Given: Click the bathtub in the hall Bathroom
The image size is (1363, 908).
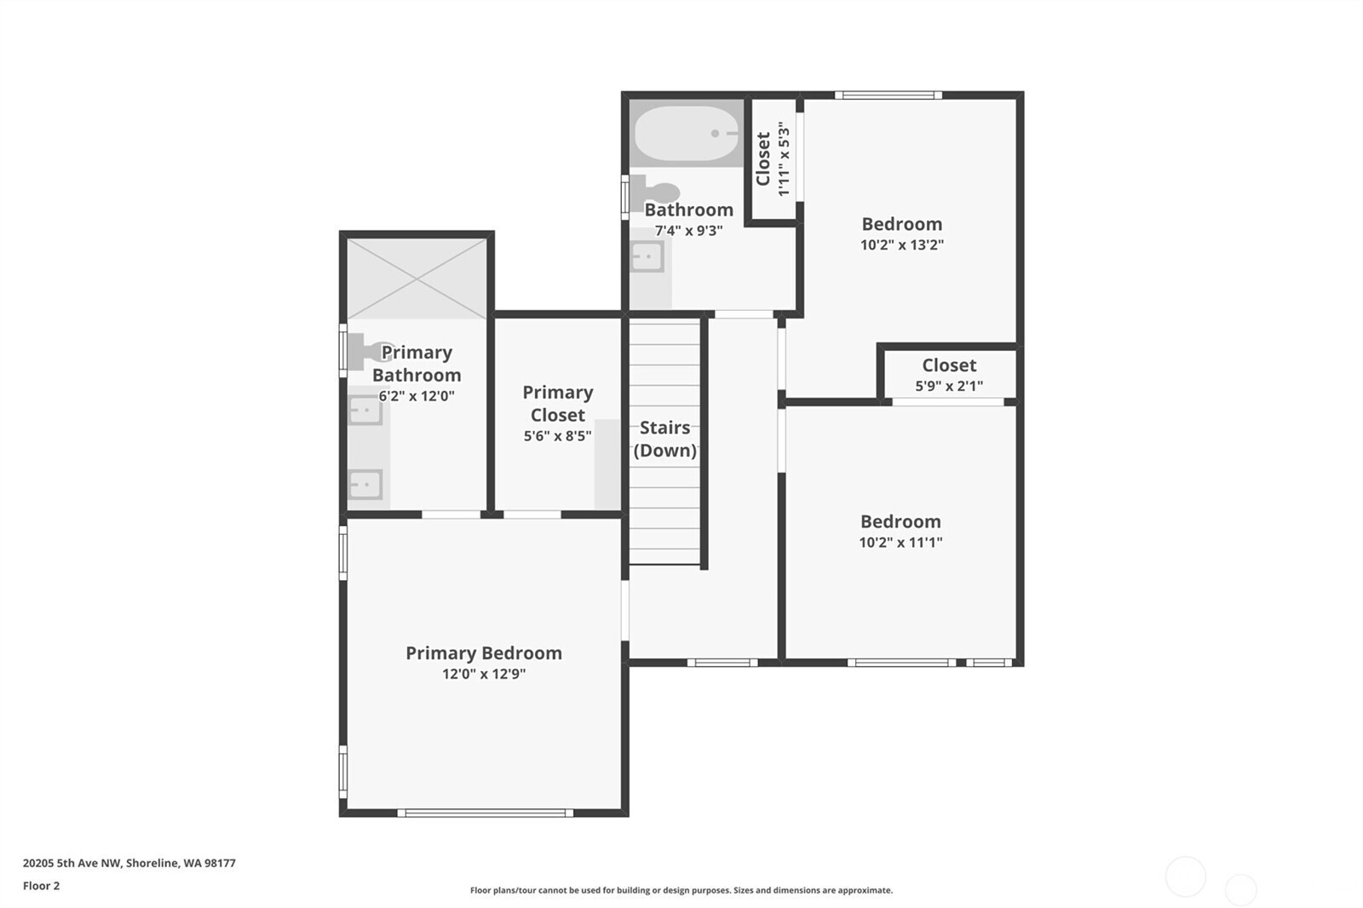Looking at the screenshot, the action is point(687,133).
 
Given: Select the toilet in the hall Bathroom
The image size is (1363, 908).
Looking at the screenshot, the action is point(654,193).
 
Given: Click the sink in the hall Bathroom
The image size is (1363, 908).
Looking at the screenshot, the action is point(647,257).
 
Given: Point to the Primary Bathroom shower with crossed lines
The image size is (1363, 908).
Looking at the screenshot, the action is point(417,279).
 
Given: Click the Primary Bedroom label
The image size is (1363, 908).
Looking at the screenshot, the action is point(484,653).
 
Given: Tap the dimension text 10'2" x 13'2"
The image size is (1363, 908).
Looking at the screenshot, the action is point(902,244).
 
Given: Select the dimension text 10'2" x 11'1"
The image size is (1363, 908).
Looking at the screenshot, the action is point(900,543).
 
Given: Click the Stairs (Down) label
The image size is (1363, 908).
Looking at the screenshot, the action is point(665,439).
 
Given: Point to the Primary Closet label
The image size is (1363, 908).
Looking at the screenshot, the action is point(558,404).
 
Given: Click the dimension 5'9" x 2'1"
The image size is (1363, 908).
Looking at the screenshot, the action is point(949,386).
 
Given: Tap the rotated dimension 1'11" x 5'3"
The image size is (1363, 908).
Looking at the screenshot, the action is point(784,158).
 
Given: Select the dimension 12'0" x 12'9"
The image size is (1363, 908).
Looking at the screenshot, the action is point(484,674).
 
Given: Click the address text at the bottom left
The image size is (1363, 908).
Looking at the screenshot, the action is point(129,863).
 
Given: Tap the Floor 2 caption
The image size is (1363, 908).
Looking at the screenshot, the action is point(42,886).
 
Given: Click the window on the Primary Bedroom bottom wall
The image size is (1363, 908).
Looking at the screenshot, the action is point(486,813).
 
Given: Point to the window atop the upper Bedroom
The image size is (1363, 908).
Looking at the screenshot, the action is point(889,95).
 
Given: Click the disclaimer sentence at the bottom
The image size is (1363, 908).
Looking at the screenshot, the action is point(681,890).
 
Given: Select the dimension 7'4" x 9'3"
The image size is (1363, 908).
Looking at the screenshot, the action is point(689,232).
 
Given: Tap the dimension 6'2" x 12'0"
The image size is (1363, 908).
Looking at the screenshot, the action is point(417,396).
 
